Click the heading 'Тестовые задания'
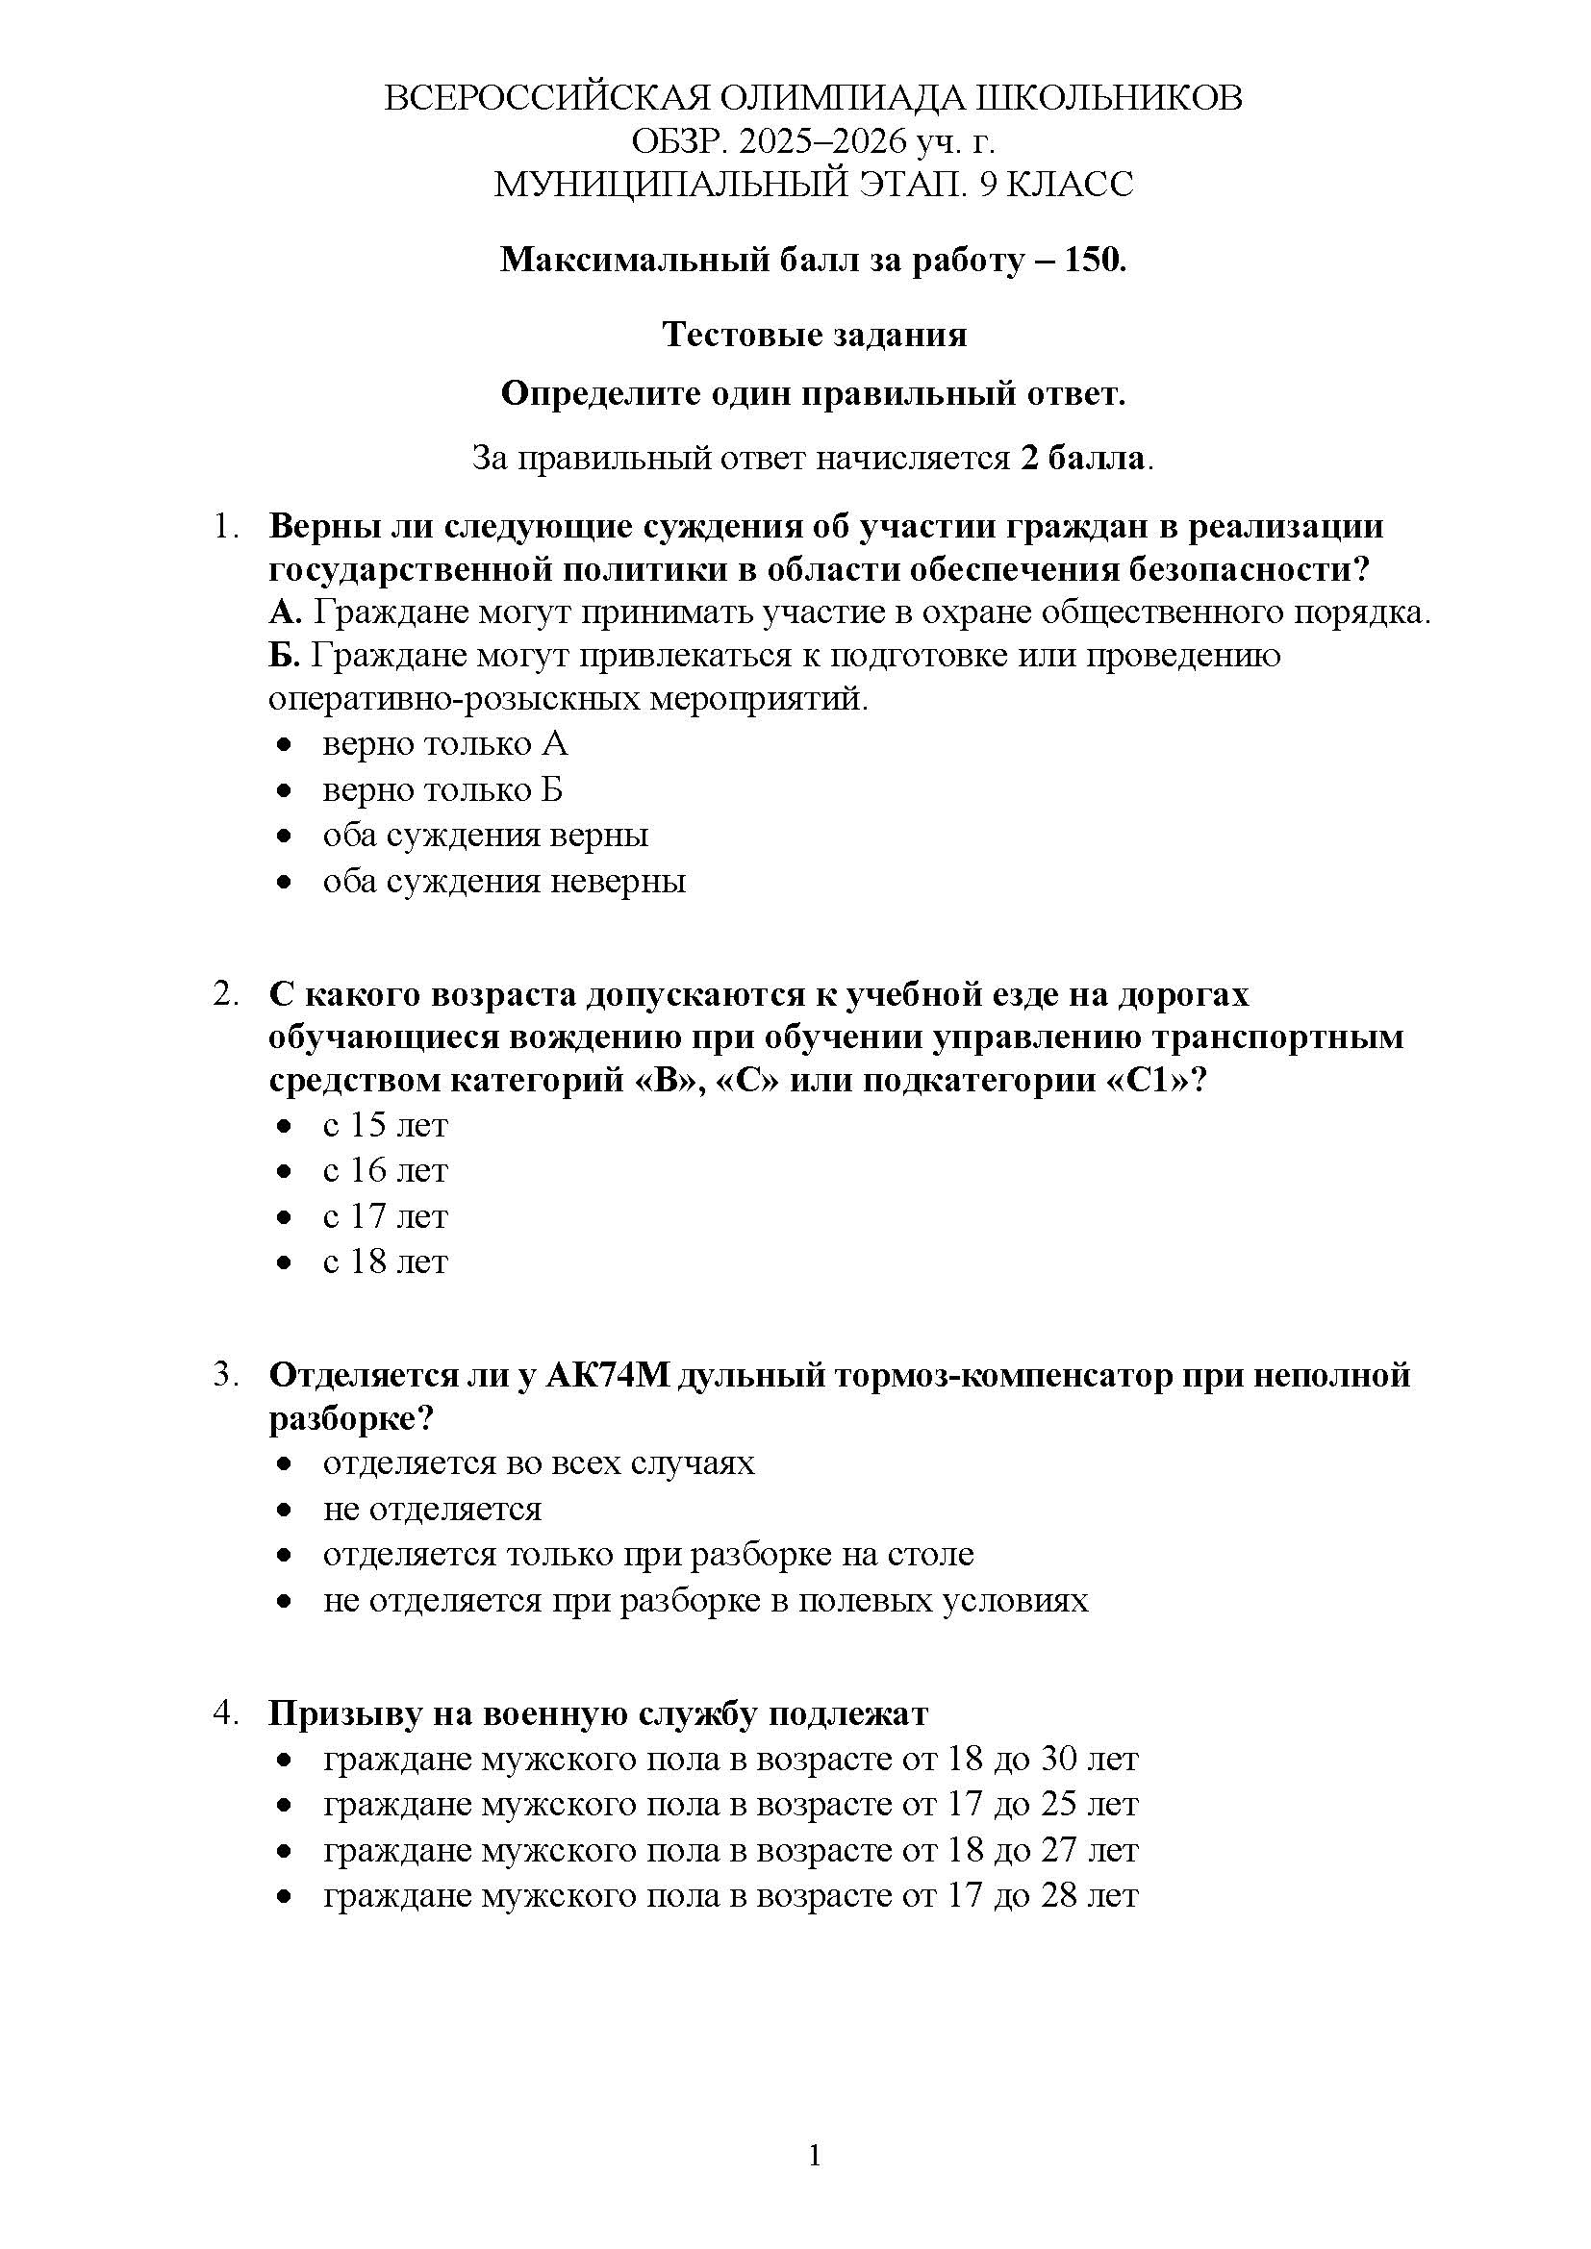[x=814, y=335]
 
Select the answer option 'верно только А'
[x=444, y=744]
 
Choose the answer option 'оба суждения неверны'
[x=503, y=881]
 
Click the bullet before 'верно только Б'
[x=284, y=790]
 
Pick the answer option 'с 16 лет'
[x=385, y=1170]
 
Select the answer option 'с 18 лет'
[x=385, y=1262]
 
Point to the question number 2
[x=224, y=994]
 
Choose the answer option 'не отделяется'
[x=432, y=1510]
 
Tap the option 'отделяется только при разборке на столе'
[x=647, y=1555]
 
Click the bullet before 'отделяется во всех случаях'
[x=284, y=1464]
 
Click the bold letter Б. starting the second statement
[x=284, y=655]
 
